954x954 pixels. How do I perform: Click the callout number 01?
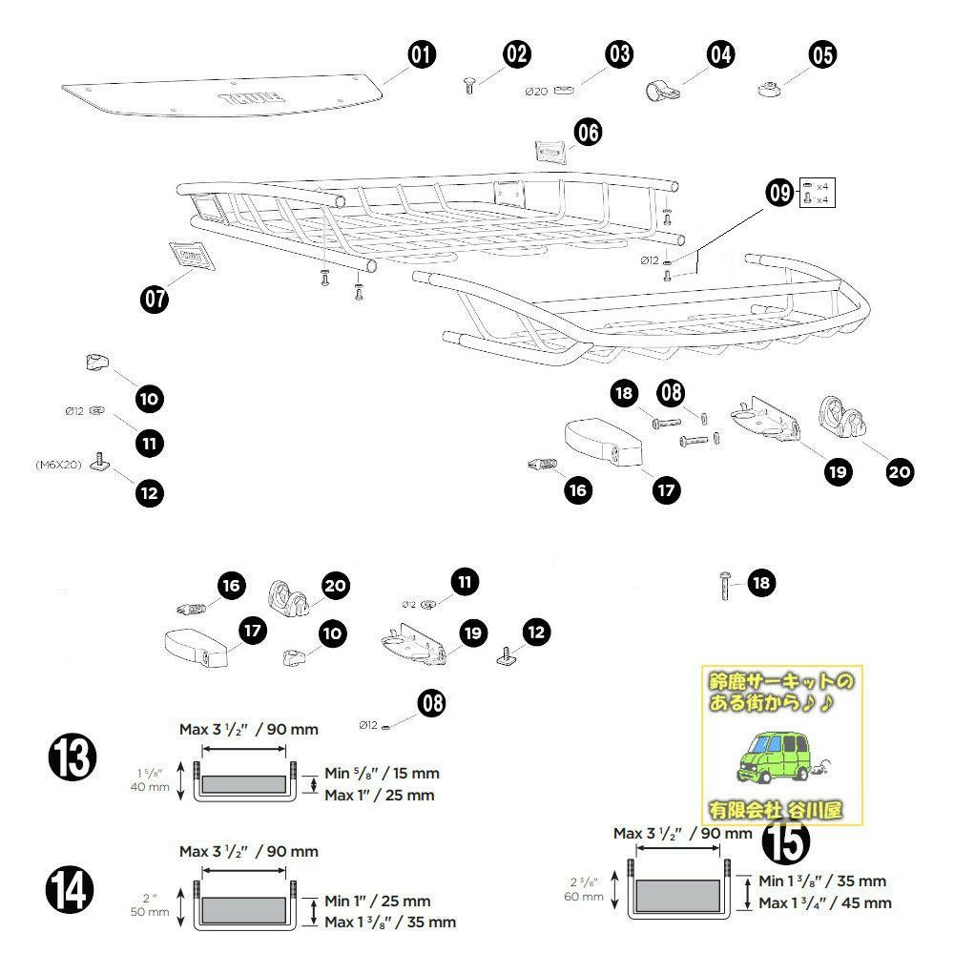[420, 55]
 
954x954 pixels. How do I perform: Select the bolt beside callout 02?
[469, 86]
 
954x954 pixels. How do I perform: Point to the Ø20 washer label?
[536, 92]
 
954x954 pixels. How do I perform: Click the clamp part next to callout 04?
[662, 92]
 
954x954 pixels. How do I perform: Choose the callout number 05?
[821, 55]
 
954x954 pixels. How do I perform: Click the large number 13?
[73, 758]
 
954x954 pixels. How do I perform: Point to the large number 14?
[73, 892]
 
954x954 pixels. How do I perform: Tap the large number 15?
[786, 840]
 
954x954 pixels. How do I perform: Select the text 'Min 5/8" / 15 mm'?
[382, 773]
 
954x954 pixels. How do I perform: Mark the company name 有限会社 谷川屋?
[775, 810]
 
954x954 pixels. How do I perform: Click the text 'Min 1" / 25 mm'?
[378, 901]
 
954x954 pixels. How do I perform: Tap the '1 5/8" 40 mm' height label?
[152, 779]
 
